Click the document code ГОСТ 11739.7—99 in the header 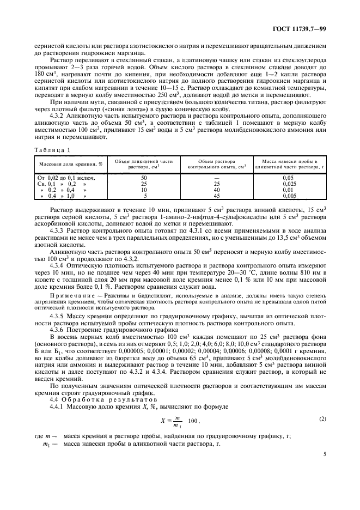pyautogui.click(x=299, y=28)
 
